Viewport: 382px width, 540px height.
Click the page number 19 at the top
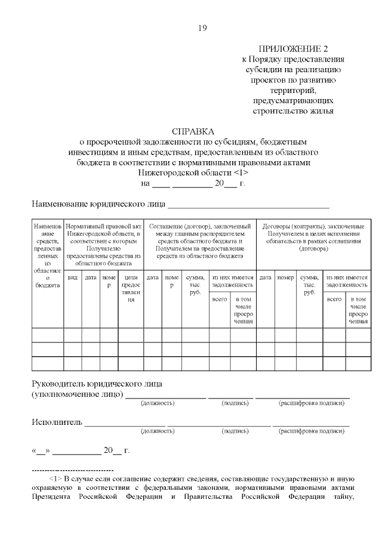pyautogui.click(x=202, y=28)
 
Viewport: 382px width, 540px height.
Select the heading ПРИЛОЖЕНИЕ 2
pyautogui.click(x=292, y=48)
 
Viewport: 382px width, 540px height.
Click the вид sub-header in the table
pyautogui.click(x=72, y=277)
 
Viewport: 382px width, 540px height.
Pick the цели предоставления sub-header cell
pyautogui.click(x=131, y=288)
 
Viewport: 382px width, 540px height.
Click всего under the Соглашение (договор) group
pyautogui.click(x=219, y=299)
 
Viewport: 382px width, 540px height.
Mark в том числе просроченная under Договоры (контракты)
pyautogui.click(x=358, y=310)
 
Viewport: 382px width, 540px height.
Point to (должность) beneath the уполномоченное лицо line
pyautogui.click(x=157, y=403)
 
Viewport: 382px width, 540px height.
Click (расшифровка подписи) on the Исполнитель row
pyautogui.click(x=312, y=430)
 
